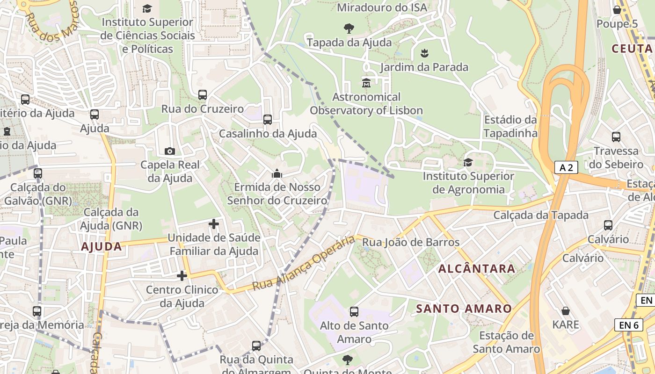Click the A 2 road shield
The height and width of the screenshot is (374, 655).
[566, 167]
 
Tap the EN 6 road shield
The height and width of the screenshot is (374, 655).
[628, 324]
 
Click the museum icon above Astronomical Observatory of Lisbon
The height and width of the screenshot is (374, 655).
[366, 83]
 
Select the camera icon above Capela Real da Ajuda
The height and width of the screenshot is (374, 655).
[170, 151]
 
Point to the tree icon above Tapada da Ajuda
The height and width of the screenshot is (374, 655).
[349, 28]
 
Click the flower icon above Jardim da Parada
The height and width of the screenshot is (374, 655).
[424, 53]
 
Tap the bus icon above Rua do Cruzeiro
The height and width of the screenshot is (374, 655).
[203, 94]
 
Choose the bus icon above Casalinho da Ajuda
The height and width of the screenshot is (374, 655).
[268, 119]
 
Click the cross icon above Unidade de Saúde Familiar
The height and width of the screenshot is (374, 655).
[214, 224]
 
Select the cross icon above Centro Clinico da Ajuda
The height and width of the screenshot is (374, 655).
[182, 276]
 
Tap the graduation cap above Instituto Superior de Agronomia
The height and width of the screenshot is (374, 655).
[467, 162]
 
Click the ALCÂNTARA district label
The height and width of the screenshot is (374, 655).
[477, 269]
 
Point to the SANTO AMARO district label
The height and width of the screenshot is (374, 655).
[464, 309]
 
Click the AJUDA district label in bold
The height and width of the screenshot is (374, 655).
[102, 246]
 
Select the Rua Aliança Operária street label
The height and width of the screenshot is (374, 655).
[304, 263]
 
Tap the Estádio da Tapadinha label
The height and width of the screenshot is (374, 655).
[510, 126]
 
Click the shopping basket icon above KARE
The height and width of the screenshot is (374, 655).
[566, 311]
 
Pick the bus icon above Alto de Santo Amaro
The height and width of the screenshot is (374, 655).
[354, 311]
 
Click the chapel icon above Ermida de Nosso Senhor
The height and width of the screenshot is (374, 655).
[277, 173]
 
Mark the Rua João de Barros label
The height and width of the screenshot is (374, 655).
[411, 242]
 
